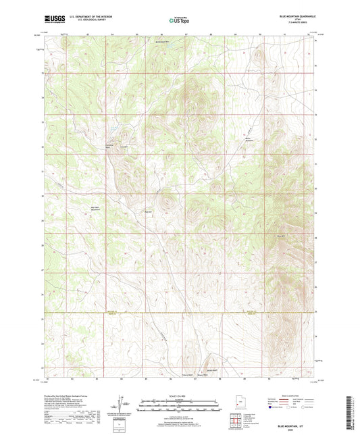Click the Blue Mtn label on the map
(x=281, y=236)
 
